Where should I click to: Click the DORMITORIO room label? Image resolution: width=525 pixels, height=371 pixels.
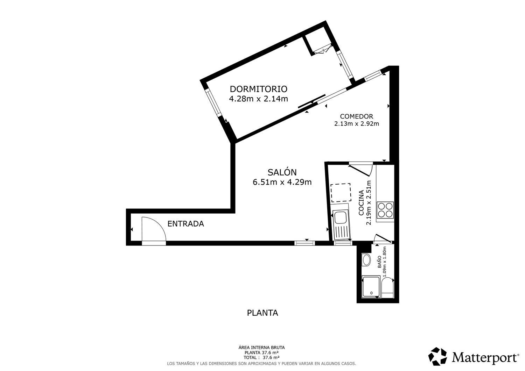tap(258, 89)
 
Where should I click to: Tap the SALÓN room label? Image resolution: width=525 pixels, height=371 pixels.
tap(282, 172)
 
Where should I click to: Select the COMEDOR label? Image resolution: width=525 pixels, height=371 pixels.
tap(356, 116)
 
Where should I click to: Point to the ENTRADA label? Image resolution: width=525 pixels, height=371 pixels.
tap(185, 224)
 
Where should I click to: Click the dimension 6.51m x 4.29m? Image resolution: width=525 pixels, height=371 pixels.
tap(282, 182)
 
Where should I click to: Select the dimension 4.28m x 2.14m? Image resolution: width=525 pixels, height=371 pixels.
tap(258, 99)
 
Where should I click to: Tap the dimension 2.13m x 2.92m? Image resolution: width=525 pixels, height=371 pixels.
tap(356, 124)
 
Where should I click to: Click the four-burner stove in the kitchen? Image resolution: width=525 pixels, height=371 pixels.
tap(385, 210)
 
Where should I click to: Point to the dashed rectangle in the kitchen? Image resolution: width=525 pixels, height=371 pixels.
tap(341, 193)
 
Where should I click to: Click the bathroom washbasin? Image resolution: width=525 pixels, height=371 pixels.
tap(366, 260)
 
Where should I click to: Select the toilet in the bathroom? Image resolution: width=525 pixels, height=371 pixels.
tap(387, 287)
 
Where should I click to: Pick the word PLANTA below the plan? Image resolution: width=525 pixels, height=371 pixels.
tap(262, 313)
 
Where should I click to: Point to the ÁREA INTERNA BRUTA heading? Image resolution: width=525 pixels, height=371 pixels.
tap(261, 348)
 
